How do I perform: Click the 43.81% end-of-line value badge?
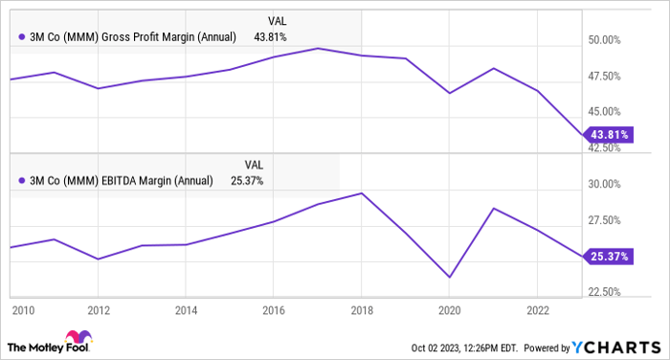click(608, 134)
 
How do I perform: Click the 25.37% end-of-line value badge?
click(608, 257)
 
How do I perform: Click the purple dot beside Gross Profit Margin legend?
click(22, 37)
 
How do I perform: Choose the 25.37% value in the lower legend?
click(246, 179)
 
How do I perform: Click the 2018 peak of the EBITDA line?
click(362, 193)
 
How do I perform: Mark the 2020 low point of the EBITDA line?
click(449, 278)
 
